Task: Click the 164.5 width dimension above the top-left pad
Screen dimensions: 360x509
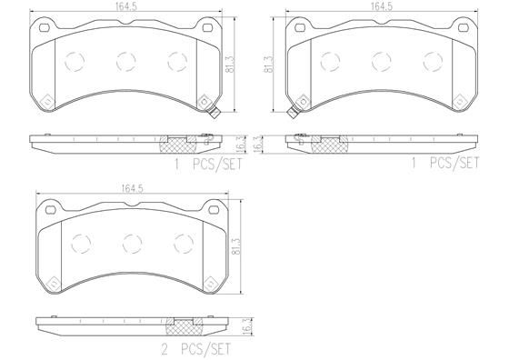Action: coord(125,7)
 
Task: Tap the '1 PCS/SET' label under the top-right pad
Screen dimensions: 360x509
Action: coord(445,164)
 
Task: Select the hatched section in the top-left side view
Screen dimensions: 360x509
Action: coord(178,143)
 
